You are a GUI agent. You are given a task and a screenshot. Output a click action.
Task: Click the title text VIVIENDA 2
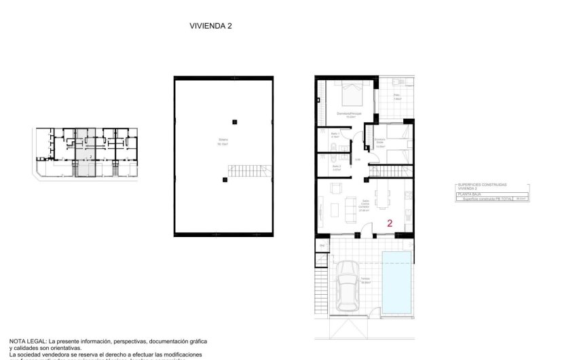click(211, 26)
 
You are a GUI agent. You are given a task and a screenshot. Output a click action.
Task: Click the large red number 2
click(390, 223)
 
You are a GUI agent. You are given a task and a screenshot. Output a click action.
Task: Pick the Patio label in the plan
click(396, 97)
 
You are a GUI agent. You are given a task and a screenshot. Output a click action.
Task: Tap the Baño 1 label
click(335, 135)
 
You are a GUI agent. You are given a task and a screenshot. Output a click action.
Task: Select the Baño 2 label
click(335, 166)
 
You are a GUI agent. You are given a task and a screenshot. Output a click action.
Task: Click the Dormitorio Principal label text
click(349, 114)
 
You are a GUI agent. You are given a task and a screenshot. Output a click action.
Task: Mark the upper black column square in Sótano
click(234, 122)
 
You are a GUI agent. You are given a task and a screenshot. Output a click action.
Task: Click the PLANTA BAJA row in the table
click(469, 194)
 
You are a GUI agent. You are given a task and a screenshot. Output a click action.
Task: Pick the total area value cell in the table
click(522, 199)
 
